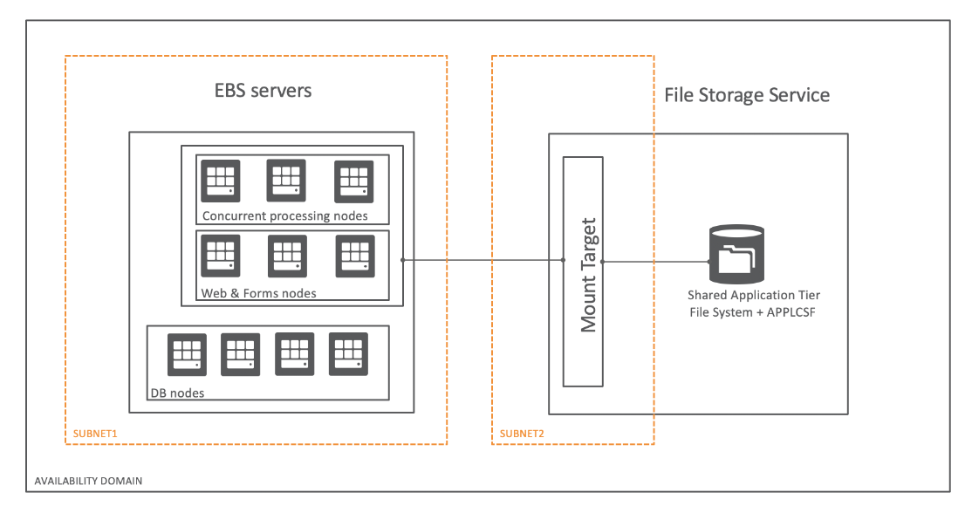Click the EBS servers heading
[263, 91]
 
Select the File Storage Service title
[747, 95]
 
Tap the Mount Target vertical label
[589, 274]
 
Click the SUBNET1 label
[90, 434]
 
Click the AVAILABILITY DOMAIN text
[88, 481]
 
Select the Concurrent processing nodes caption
[284, 215]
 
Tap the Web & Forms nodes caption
[259, 293]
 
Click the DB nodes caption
[177, 393]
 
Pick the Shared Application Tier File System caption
[754, 302]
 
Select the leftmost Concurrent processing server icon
[219, 181]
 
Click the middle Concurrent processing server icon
[286, 181]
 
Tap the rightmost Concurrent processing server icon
[354, 181]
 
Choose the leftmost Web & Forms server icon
[219, 256]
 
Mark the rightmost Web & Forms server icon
[355, 256]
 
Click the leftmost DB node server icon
[188, 354]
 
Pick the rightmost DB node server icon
[348, 354]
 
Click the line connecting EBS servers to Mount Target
[482, 260]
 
